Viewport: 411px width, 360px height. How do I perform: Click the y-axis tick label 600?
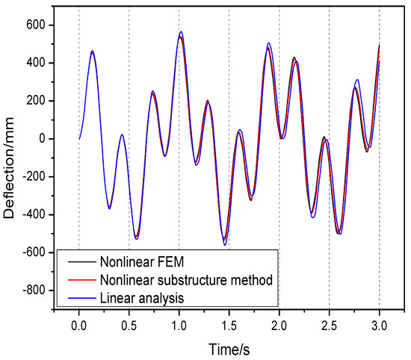(37, 25)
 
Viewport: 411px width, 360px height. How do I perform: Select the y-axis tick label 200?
(37, 101)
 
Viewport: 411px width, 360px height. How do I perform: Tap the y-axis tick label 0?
(43, 139)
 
